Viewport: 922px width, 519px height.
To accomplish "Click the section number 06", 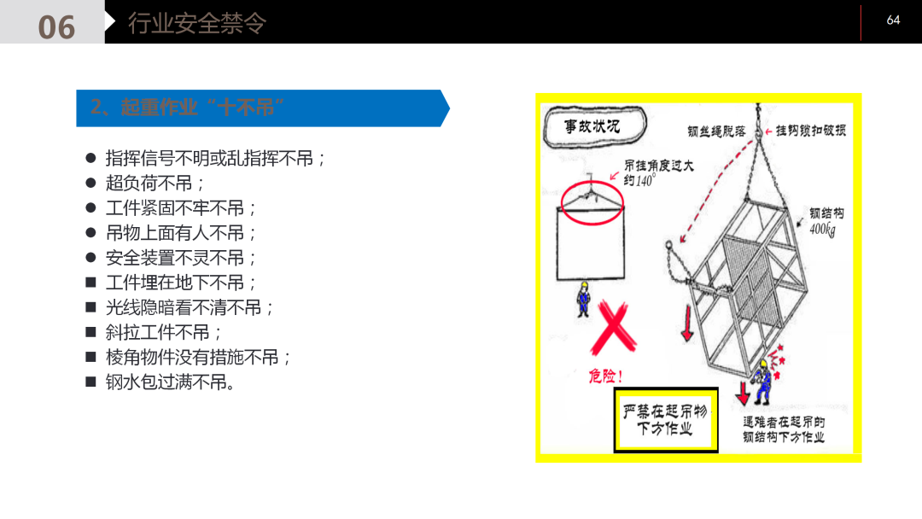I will [x=56, y=26].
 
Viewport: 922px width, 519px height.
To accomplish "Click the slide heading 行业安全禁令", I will [x=197, y=23].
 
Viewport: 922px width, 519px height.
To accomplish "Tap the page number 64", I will [x=893, y=20].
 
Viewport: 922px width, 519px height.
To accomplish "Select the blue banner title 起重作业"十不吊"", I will [x=188, y=108].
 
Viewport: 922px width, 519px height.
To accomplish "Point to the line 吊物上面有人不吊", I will [x=181, y=232].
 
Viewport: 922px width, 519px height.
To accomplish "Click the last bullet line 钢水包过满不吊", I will [x=171, y=382].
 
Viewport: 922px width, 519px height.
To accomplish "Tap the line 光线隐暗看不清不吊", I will [x=190, y=307].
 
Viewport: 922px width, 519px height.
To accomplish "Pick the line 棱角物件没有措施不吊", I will [x=198, y=357].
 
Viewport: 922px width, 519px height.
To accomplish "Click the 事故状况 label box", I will [x=592, y=126].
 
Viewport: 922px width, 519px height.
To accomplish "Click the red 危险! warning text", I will [x=605, y=376].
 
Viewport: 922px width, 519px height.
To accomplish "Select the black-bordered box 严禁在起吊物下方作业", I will [x=666, y=420].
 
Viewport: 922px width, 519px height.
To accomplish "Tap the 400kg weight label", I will [x=821, y=230].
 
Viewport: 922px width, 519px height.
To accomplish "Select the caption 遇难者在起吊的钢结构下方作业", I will [x=784, y=429].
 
